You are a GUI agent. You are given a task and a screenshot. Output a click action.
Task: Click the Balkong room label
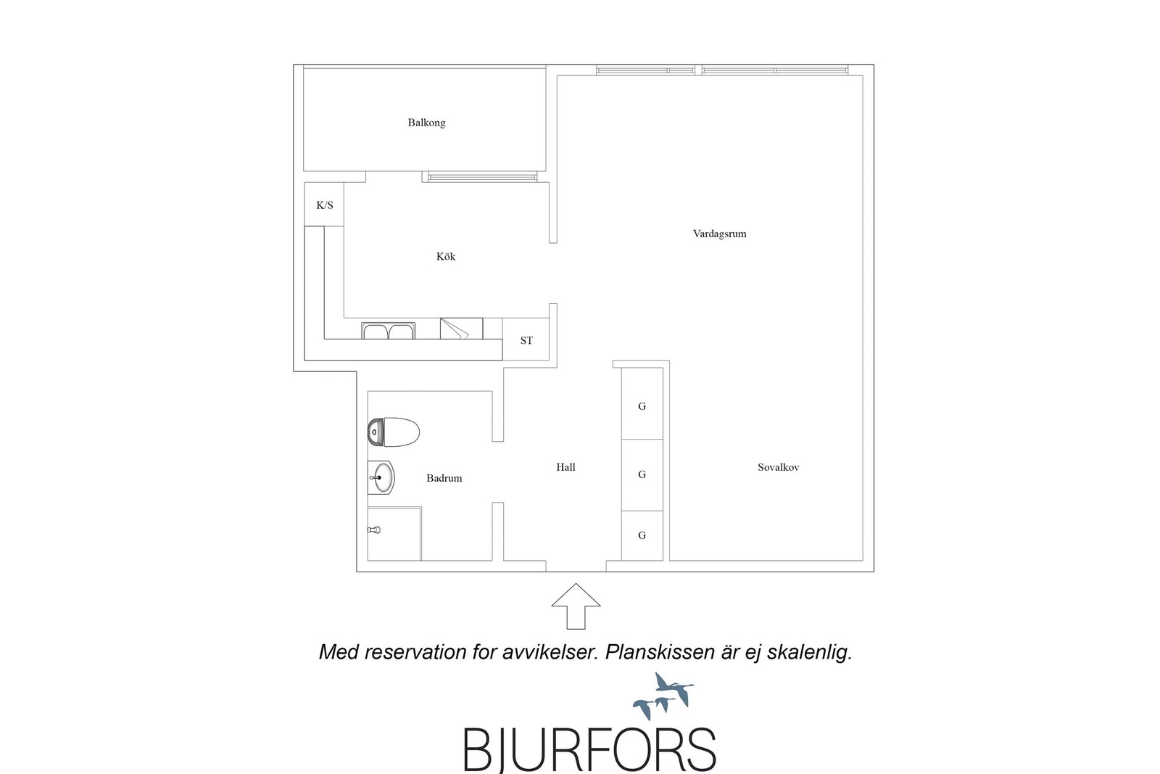point(426,123)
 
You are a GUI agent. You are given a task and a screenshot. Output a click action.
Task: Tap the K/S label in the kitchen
point(325,205)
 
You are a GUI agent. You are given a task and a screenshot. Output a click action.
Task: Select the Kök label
point(446,257)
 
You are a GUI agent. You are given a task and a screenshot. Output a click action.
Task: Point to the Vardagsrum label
point(720,234)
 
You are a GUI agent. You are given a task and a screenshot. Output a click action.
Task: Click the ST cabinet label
point(526,340)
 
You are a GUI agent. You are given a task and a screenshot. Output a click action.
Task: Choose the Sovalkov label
point(779,467)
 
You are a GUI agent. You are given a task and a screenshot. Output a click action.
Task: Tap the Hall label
point(565,467)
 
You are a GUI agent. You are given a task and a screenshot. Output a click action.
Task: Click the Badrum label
point(444,478)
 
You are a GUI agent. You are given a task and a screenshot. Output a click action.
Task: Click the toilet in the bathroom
point(394,432)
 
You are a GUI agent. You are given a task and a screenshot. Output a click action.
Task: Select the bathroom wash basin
point(381,477)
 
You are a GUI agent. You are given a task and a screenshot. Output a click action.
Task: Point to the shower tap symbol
point(374,530)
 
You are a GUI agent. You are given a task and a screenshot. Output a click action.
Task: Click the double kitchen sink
point(389,331)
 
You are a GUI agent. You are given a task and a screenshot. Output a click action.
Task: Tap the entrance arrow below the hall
point(576,606)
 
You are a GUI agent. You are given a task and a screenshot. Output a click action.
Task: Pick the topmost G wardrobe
point(642,403)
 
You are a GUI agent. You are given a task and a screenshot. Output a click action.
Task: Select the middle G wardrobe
point(642,475)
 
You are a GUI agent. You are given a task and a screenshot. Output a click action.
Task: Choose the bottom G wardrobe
point(642,535)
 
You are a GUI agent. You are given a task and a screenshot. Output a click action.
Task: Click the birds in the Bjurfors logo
point(664,696)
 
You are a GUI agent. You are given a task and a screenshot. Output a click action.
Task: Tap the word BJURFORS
point(589,749)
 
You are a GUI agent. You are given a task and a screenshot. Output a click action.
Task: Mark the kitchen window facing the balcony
point(482,177)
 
